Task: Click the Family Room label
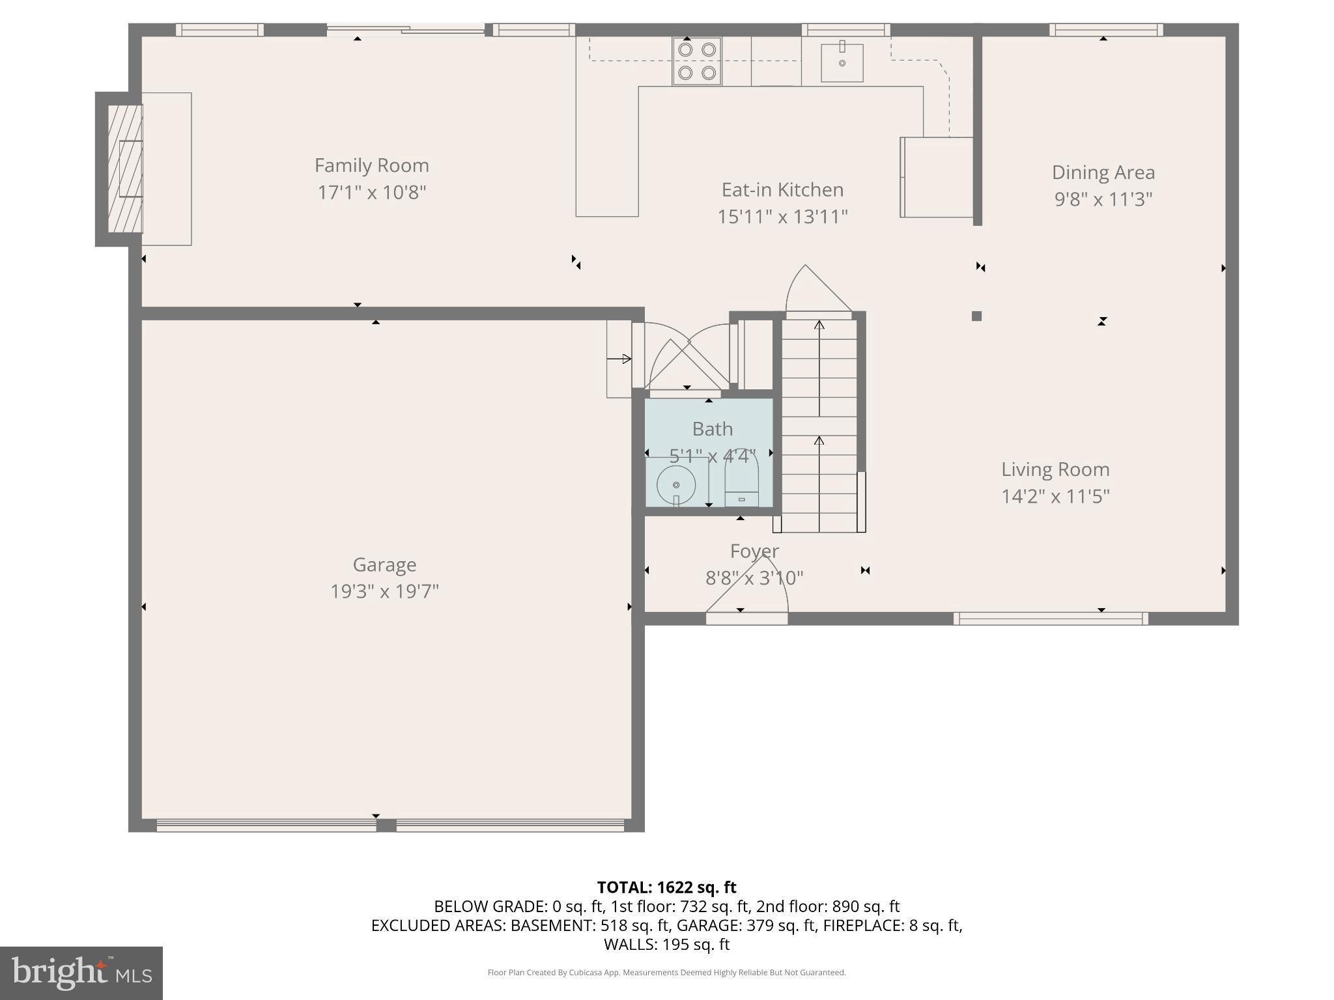point(371,165)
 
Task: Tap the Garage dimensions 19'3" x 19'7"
point(384,591)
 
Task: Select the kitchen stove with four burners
point(697,61)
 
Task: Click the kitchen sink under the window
point(842,62)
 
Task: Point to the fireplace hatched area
point(124,169)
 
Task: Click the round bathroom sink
point(676,485)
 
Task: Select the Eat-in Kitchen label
point(782,189)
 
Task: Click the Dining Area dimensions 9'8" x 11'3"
point(1103,199)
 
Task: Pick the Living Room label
point(1055,469)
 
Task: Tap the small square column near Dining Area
point(976,316)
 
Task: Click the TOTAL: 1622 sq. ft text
point(666,887)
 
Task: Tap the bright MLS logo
point(81,973)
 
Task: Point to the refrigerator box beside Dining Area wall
point(937,177)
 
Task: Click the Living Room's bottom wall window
point(1050,618)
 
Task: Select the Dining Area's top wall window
point(1105,30)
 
